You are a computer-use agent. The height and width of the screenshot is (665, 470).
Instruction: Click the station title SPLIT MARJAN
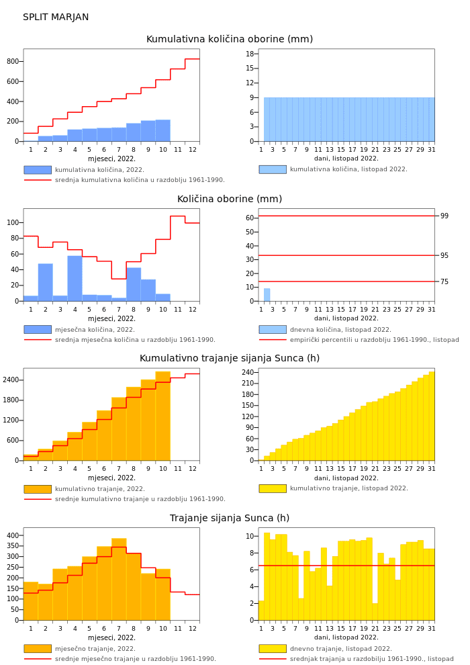click(56, 17)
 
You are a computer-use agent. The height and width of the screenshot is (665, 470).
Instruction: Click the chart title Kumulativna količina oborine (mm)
click(230, 40)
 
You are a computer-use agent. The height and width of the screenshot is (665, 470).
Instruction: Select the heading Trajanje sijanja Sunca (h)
click(230, 519)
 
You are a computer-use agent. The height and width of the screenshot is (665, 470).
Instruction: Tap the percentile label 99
click(444, 216)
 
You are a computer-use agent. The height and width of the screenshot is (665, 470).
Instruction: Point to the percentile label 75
click(444, 282)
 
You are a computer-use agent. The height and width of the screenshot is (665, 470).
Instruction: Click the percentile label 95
click(444, 256)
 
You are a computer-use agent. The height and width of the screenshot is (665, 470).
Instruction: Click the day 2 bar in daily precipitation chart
click(267, 295)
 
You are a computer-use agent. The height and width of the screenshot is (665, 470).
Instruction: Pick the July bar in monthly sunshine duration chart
click(119, 579)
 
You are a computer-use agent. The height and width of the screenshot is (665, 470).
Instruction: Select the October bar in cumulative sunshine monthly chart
click(162, 416)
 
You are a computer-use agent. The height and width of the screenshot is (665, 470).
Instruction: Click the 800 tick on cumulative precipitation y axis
click(13, 62)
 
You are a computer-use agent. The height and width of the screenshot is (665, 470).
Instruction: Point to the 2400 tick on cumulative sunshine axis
click(11, 380)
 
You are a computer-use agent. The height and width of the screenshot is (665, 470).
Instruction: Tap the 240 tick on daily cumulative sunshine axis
click(248, 373)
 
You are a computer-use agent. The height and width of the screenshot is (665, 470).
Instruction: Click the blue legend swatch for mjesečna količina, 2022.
click(38, 330)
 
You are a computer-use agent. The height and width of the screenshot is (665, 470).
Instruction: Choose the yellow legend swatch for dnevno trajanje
click(273, 649)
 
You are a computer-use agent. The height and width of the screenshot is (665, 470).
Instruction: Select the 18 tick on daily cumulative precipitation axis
click(250, 54)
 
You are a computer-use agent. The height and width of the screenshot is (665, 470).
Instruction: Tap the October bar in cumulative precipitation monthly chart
click(162, 131)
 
